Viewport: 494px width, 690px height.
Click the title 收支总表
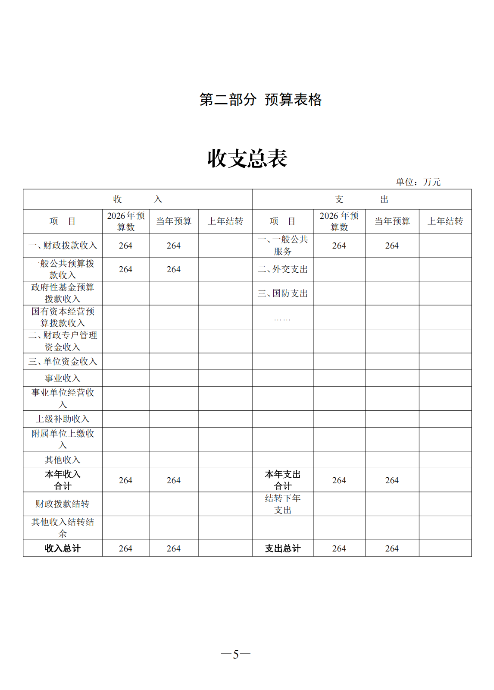247,158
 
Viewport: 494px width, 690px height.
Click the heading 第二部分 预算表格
260,100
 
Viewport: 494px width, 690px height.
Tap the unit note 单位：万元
418,182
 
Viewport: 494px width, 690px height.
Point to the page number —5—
235,654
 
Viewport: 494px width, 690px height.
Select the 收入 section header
138,199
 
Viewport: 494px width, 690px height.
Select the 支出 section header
362,199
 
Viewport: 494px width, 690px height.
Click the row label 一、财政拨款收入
63,246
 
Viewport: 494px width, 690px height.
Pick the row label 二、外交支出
283,269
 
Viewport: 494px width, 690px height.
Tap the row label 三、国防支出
283,293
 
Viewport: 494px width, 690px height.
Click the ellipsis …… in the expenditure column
282,319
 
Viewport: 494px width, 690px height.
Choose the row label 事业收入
63,378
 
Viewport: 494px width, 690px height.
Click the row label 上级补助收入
63,419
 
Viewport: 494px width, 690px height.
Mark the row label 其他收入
63,460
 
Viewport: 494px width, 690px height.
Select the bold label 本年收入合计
63,480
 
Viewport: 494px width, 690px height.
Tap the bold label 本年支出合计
283,480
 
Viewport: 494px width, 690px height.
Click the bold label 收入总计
63,548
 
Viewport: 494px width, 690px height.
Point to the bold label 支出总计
283,548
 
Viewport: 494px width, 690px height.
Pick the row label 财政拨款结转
63,504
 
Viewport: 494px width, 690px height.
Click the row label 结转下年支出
283,504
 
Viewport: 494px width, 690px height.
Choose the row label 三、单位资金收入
63,362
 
